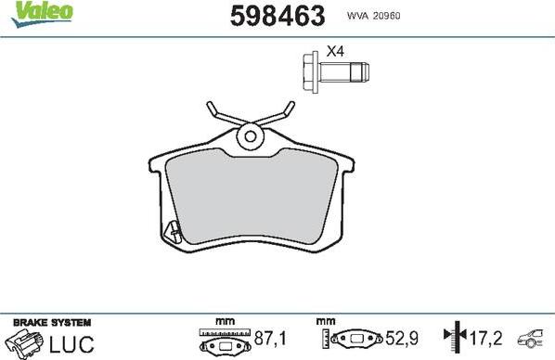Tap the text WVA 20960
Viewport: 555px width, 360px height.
tap(374, 16)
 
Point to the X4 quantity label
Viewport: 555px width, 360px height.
tap(335, 51)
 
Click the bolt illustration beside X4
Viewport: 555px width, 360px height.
tap(335, 72)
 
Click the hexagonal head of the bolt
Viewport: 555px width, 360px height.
tap(311, 72)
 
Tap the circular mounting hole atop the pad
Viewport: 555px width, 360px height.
tap(249, 137)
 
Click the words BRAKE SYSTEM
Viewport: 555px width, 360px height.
tap(52, 321)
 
